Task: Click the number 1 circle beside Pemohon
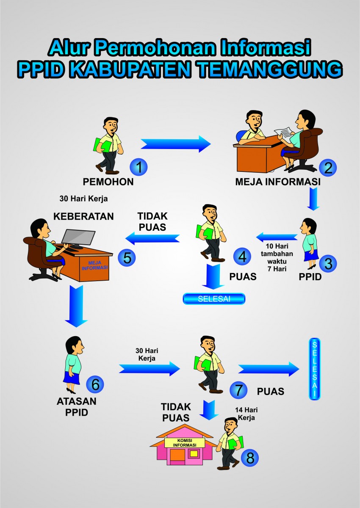point(138,167)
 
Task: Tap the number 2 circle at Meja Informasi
point(328,168)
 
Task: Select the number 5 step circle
point(127,258)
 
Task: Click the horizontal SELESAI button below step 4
point(214,299)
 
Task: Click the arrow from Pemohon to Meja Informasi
point(176,144)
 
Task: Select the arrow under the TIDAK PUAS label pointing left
point(152,239)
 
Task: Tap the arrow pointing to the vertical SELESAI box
point(269,369)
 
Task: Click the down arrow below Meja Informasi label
point(313,199)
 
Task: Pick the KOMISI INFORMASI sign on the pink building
point(185,443)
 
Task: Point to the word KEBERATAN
point(83,216)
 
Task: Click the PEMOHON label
point(108,182)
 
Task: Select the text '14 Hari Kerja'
point(246,414)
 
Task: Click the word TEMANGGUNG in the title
point(269,69)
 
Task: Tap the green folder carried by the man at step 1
point(102,145)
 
